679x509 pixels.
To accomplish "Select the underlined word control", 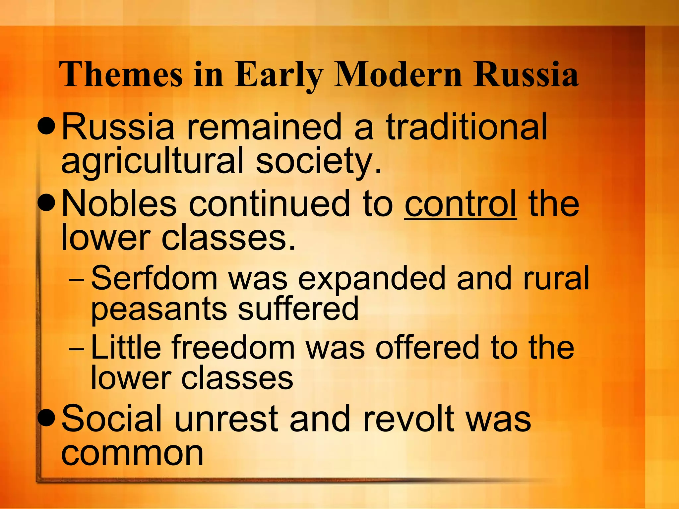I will tap(460, 204).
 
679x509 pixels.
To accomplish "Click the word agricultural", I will tap(152, 161).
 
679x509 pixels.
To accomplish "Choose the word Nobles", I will tap(119, 204).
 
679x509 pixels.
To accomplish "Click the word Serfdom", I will tap(154, 278).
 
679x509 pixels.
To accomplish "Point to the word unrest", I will tap(226, 419).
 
